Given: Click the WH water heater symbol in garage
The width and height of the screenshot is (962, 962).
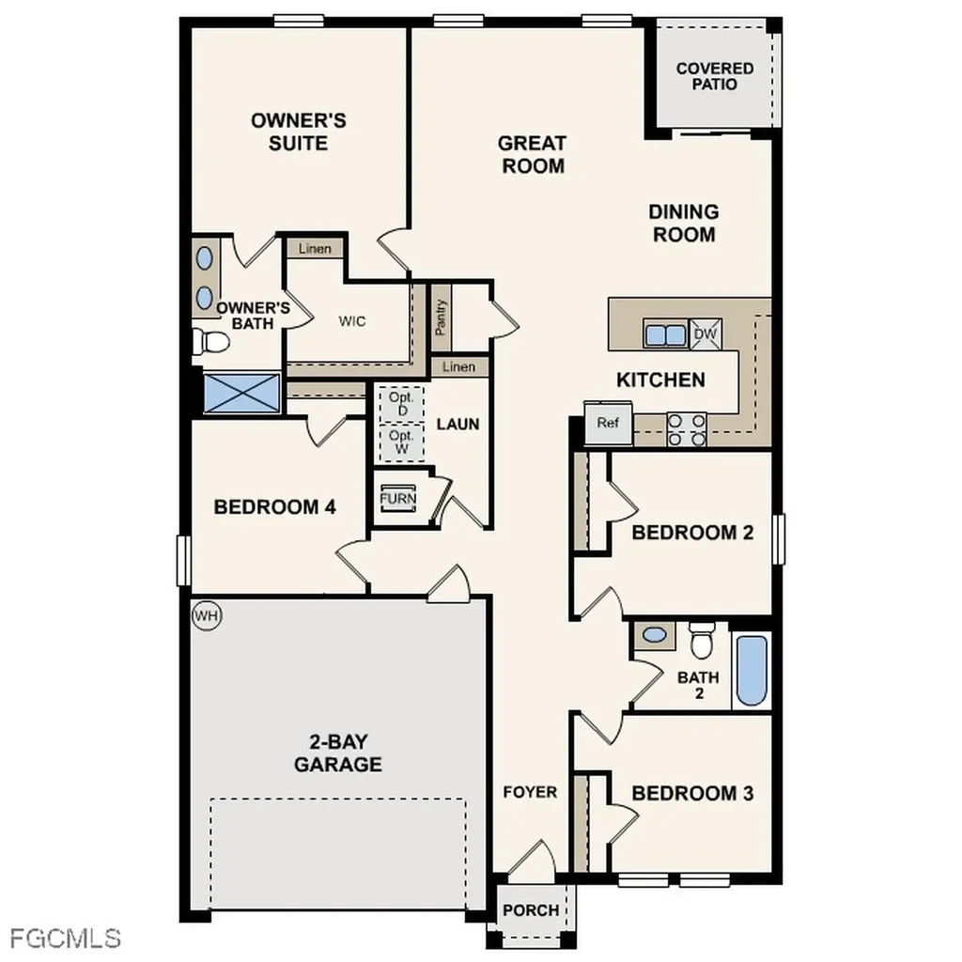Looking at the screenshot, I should [x=206, y=616].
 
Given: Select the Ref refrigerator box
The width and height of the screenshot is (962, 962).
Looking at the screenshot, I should [x=608, y=423].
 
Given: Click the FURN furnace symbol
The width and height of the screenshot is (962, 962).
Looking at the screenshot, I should [x=397, y=498].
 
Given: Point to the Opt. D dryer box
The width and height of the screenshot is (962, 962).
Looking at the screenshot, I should [x=402, y=404].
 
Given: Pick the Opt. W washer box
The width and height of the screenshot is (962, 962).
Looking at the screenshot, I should [x=402, y=442].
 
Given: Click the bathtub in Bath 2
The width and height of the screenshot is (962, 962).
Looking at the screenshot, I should [x=752, y=671].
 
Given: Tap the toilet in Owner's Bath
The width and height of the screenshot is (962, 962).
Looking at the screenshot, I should [x=209, y=342].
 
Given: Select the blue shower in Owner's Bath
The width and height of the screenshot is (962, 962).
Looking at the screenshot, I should [x=241, y=392].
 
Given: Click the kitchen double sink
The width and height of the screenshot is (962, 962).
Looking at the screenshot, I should [x=665, y=334].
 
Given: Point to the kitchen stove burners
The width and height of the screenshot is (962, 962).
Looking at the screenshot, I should [x=686, y=428].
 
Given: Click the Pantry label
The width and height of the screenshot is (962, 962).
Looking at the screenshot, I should [x=441, y=318].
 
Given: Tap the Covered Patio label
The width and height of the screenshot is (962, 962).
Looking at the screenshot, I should [x=714, y=76].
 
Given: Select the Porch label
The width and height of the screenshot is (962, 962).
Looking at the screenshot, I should [x=531, y=909].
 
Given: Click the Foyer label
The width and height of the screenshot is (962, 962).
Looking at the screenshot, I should [x=530, y=792].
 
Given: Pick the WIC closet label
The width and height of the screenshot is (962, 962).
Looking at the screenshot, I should [x=352, y=320].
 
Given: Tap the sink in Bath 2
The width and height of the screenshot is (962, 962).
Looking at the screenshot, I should [x=655, y=635].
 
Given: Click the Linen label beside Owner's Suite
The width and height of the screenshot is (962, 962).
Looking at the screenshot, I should [x=315, y=249].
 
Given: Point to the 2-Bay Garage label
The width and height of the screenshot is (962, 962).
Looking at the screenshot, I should [x=338, y=753].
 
